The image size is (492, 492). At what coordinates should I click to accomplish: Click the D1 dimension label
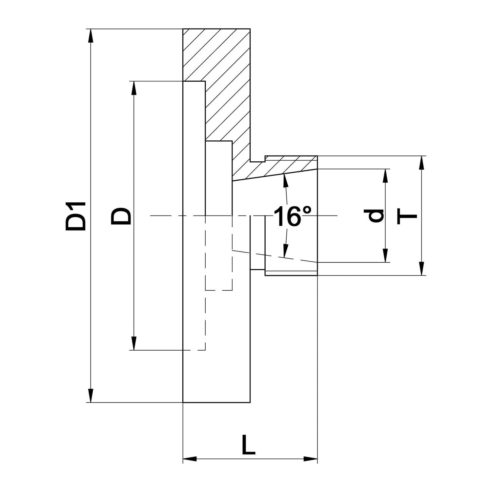[75, 216]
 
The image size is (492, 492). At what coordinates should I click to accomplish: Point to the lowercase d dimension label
[374, 216]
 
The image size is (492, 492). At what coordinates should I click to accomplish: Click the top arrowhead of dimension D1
[91, 36]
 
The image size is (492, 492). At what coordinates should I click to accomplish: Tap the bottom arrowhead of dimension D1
[91, 396]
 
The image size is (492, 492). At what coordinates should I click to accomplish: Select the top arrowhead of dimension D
[134, 88]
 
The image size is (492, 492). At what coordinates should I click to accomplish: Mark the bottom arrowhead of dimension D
[134, 343]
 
